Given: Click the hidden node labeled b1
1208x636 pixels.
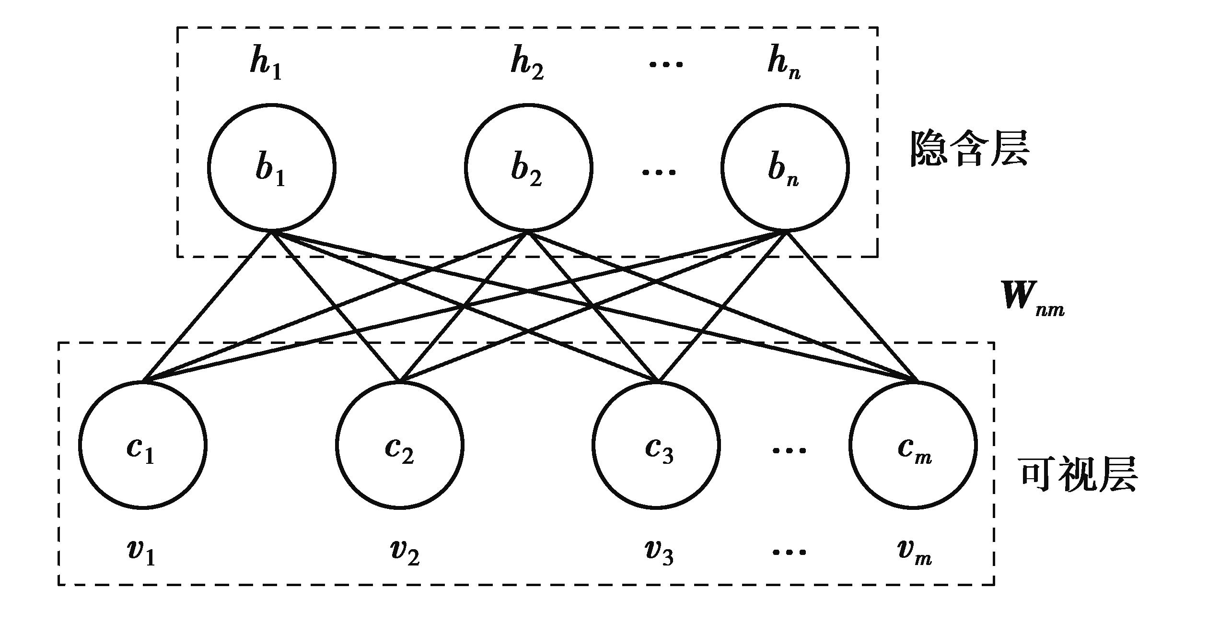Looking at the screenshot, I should (272, 168).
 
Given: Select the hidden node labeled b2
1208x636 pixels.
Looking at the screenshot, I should (528, 168).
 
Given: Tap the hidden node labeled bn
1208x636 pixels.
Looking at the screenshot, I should (785, 168).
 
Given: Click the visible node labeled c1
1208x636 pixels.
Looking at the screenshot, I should (143, 445).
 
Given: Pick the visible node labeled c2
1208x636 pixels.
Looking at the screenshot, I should (399, 445).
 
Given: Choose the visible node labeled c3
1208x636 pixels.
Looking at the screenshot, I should (656, 445).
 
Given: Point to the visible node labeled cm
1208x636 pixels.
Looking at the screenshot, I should (913, 445).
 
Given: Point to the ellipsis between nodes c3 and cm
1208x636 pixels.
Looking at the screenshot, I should (789, 450).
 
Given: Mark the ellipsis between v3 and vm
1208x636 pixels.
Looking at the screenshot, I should (789, 553).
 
